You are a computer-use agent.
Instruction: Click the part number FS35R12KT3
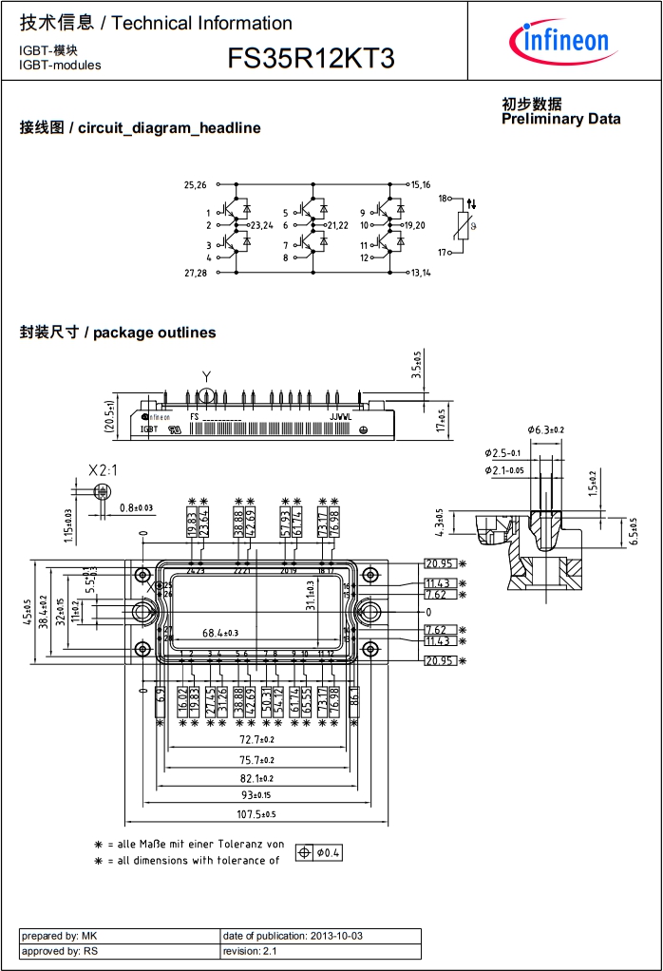pos(311,59)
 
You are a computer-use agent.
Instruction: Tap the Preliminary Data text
pos(560,119)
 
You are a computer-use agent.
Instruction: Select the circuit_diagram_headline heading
pos(141,128)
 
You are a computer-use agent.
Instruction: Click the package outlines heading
pos(118,333)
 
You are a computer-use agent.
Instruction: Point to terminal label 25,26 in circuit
pos(195,184)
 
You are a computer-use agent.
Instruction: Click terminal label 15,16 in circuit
pos(420,184)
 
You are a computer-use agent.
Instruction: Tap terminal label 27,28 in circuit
pos(195,273)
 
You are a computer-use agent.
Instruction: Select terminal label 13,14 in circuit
pos(420,273)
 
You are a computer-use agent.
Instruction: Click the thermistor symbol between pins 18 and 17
pos(463,226)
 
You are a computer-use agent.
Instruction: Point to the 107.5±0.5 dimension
pos(256,813)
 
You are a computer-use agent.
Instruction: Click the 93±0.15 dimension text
pos(256,794)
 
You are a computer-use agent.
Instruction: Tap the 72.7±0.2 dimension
pos(256,739)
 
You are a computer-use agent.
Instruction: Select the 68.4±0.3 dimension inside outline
pos(220,632)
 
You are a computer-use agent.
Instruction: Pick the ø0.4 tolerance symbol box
pos(319,852)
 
